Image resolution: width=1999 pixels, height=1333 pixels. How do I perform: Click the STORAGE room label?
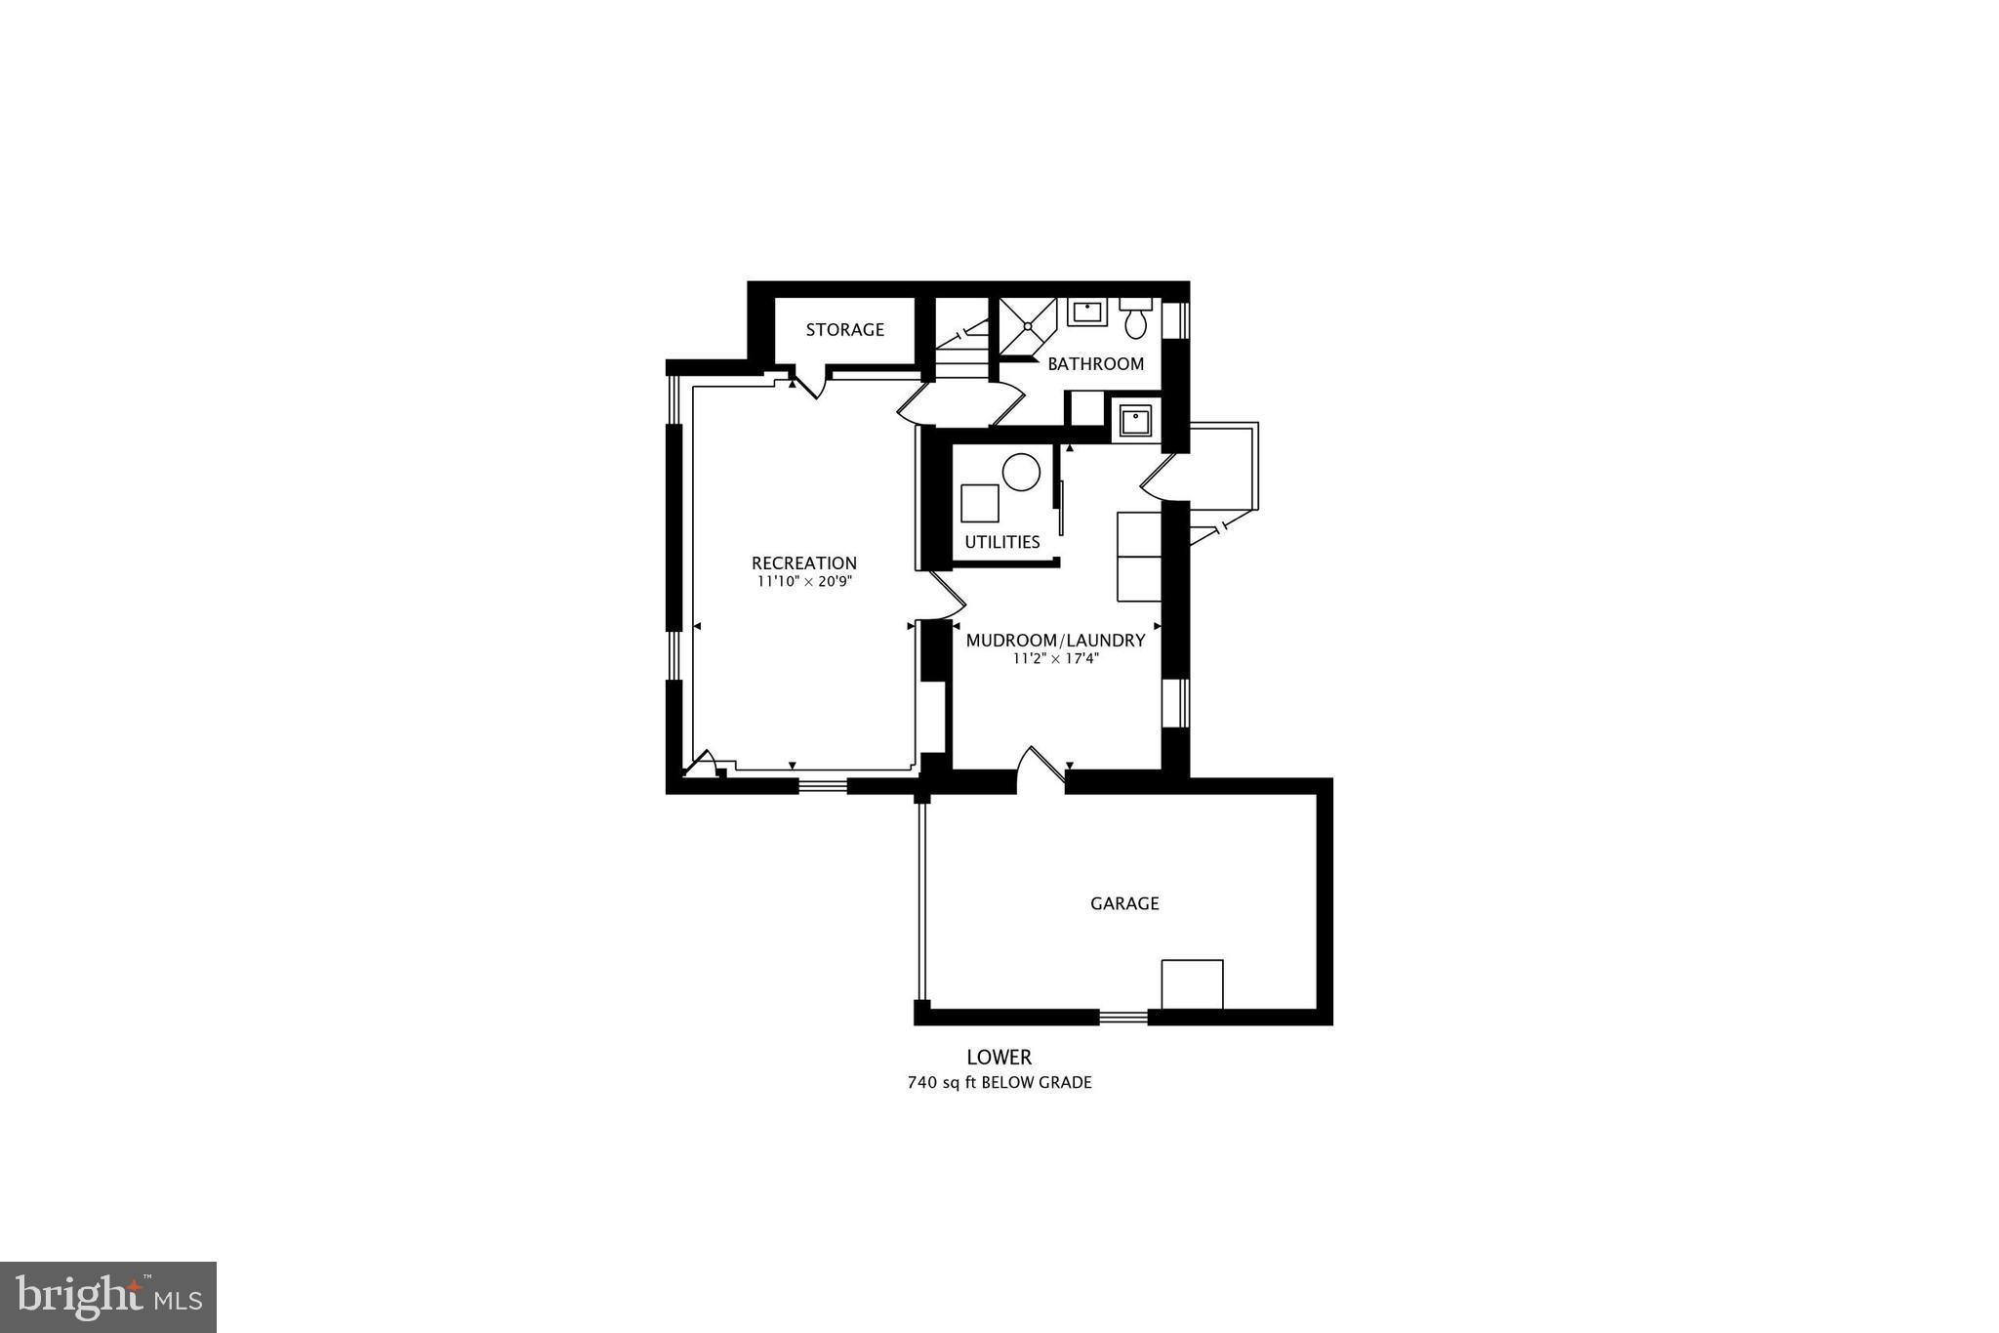point(844,330)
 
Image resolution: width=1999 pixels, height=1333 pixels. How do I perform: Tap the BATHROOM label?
point(1095,364)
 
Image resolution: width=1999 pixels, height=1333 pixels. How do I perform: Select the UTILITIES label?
point(1001,542)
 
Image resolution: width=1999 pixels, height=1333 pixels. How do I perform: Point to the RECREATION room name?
point(803,563)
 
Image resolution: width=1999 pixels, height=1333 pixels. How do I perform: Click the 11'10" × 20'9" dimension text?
point(803,581)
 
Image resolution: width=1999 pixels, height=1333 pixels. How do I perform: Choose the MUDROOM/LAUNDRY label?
point(1055,641)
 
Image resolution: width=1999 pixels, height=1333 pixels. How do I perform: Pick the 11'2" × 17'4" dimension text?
point(1055,658)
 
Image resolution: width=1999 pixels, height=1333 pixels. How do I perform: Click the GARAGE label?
point(1124,904)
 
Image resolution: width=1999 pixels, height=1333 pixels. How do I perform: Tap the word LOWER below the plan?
point(999,1057)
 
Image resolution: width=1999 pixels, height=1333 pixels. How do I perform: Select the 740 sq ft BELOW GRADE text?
point(999,1082)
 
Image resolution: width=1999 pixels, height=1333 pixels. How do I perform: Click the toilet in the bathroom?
point(1135,318)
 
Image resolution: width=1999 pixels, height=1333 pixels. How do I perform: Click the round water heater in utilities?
point(1022,473)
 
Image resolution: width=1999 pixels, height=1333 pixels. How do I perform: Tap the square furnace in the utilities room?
point(979,503)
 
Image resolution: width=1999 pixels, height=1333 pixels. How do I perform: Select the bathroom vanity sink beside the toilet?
point(1086,312)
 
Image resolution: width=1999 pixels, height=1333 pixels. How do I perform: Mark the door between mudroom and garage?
point(1040,770)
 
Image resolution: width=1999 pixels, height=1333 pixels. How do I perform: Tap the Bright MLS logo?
point(108,1297)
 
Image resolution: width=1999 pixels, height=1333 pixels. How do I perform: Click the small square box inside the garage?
point(1191,983)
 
